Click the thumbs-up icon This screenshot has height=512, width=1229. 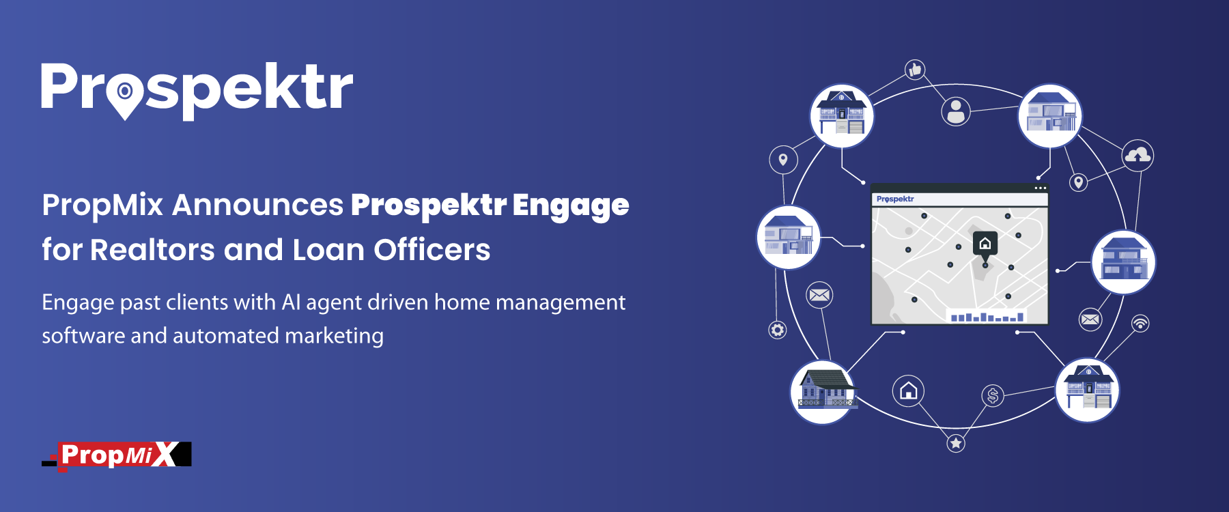click(915, 69)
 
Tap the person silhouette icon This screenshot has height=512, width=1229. click(956, 111)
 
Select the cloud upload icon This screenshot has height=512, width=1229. click(1138, 156)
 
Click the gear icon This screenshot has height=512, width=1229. click(777, 330)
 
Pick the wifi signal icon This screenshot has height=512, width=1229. click(1140, 323)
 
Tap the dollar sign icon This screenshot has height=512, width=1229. click(993, 395)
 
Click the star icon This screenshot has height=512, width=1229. click(956, 443)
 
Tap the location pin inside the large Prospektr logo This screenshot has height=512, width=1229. click(125, 96)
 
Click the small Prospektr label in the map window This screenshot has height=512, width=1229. click(895, 199)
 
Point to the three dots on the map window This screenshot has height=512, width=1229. click(1040, 188)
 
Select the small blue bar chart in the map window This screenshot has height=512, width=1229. click(987, 317)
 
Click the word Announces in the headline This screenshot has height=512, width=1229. click(257, 205)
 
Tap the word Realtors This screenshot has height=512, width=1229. click(152, 250)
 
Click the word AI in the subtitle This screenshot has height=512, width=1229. click(291, 302)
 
